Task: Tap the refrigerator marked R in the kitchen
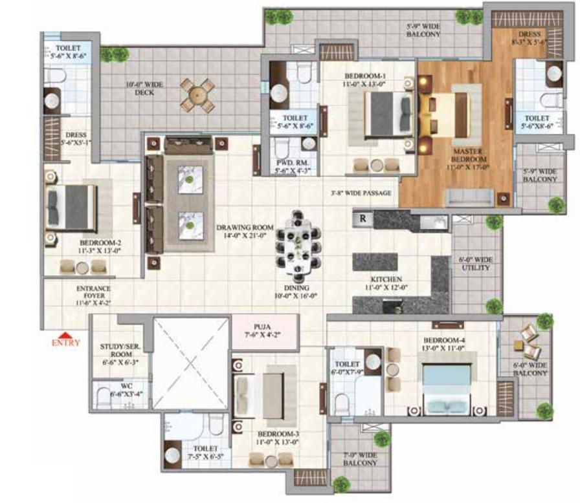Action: tap(363, 219)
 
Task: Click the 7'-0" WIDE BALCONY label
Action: tap(360, 459)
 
